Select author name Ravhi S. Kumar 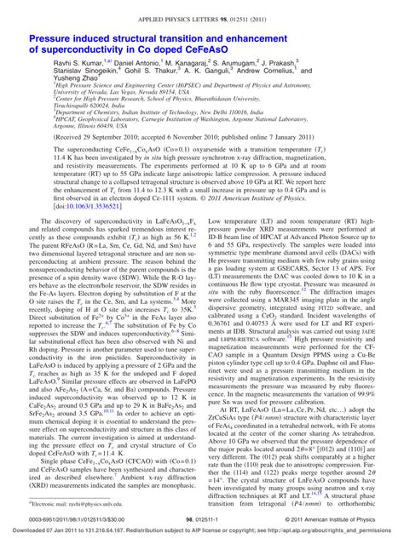53,64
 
